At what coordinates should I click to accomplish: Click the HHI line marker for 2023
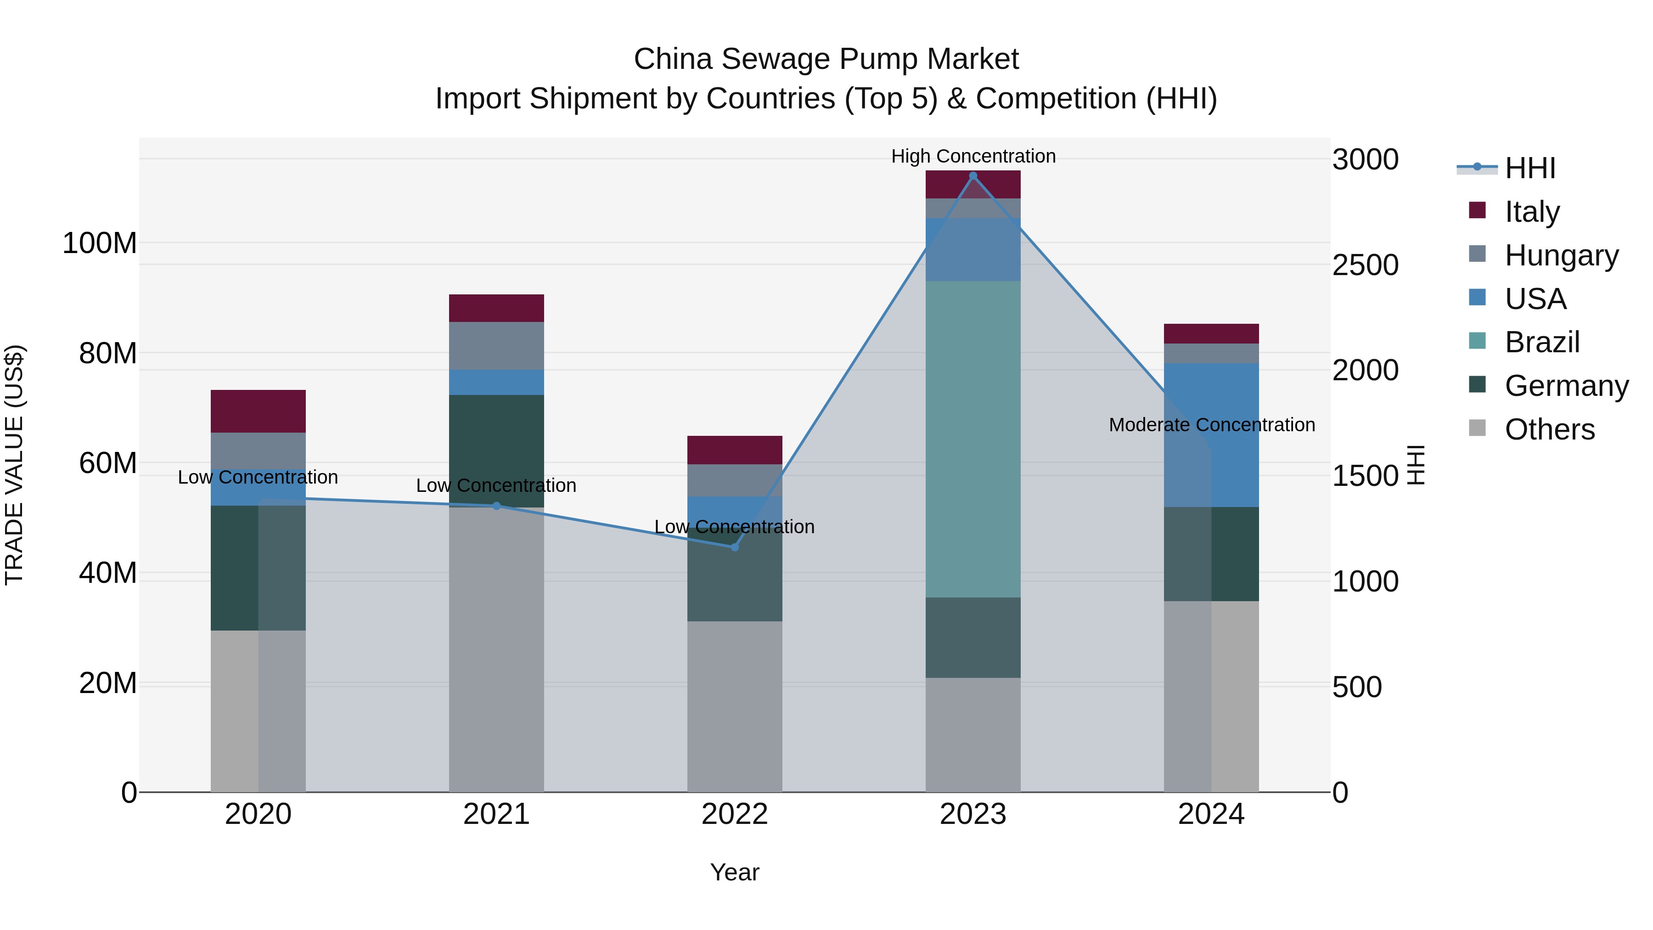[x=973, y=176]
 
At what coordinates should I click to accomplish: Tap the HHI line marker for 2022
[x=735, y=547]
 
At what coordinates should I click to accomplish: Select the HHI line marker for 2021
[x=496, y=506]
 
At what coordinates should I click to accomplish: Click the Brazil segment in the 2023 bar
[x=973, y=439]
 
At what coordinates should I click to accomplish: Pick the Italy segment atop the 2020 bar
[x=258, y=411]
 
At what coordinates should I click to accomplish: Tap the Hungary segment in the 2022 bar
[x=735, y=479]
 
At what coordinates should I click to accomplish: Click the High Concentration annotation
[x=973, y=156]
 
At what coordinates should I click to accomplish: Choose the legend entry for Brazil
[x=1541, y=342]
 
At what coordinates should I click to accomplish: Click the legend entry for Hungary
[x=1561, y=255]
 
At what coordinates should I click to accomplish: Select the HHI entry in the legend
[x=1530, y=168]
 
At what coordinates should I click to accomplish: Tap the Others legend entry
[x=1549, y=429]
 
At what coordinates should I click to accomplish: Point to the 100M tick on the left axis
[x=100, y=243]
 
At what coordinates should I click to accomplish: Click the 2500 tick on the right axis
[x=1365, y=265]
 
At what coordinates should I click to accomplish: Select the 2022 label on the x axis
[x=735, y=814]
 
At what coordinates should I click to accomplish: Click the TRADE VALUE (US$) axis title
[x=14, y=465]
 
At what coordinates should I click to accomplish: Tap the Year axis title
[x=735, y=872]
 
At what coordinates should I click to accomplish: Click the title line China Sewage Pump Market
[x=826, y=59]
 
